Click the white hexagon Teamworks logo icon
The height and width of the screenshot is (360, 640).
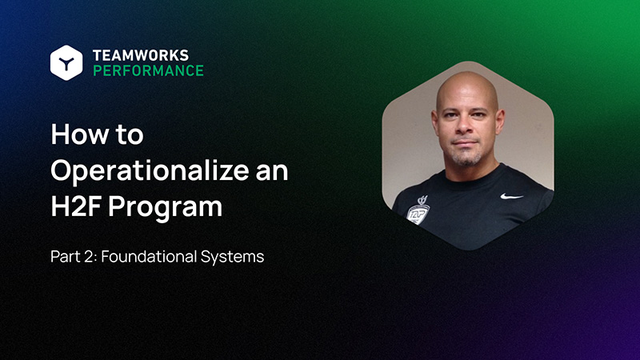click(66, 62)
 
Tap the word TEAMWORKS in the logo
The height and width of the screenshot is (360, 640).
click(141, 55)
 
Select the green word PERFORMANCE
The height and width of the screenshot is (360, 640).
click(148, 70)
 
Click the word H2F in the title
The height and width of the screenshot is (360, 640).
click(75, 206)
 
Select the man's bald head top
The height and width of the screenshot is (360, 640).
click(467, 83)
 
